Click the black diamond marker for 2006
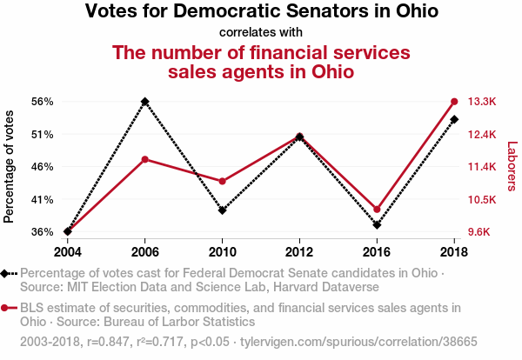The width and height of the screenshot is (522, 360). point(144,102)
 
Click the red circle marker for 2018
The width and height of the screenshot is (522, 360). point(454,102)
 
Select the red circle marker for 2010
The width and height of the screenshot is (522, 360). point(222,181)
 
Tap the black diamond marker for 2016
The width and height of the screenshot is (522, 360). point(377,224)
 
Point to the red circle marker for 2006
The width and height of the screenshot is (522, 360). point(144,159)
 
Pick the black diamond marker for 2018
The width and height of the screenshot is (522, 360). point(454,118)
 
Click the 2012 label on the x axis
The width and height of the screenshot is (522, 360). point(299,252)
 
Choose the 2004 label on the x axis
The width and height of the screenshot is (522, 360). point(67,252)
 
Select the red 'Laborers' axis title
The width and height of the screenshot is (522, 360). point(512,166)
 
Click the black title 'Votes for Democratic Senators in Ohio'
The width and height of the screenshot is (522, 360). point(261,12)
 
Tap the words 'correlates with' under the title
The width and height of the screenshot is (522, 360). point(261,33)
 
